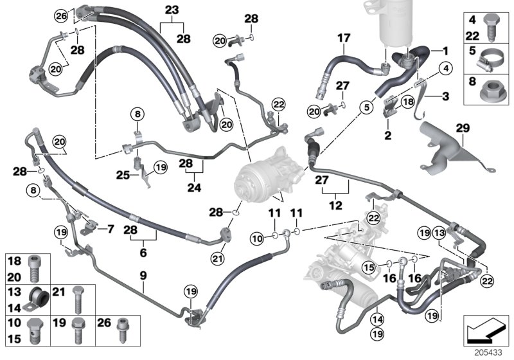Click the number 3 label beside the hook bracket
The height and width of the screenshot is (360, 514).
pos(445,97)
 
